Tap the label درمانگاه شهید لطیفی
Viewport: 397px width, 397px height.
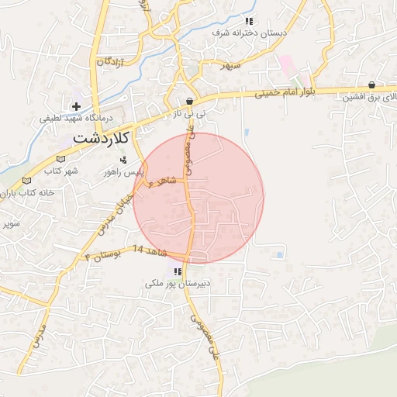coord(77,119)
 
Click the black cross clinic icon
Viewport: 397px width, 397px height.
coord(76,105)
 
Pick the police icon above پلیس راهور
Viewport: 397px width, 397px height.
coord(123,159)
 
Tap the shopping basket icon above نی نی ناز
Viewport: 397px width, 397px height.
coord(190,102)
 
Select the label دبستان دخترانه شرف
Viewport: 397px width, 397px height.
coord(250,34)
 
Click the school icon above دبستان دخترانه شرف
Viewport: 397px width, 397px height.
coord(249,22)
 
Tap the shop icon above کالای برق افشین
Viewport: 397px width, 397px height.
coord(372,85)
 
